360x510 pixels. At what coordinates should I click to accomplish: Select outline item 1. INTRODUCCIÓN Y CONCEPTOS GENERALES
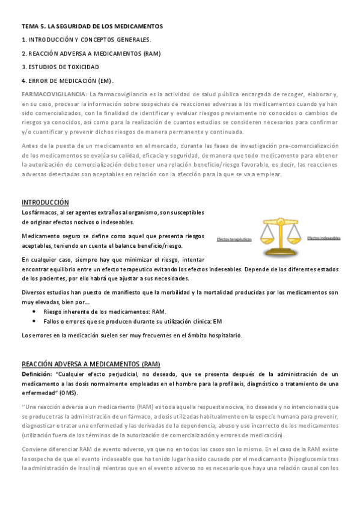[x=86, y=40]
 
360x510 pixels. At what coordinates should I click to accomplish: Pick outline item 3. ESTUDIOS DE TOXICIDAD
[x=60, y=67]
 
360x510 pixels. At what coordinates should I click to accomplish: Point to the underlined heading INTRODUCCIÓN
[x=45, y=202]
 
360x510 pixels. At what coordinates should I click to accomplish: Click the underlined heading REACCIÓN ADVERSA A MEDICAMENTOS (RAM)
[x=91, y=364]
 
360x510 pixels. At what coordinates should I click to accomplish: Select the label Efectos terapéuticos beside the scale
[x=235, y=239]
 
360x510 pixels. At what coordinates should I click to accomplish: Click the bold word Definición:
[x=37, y=374]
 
